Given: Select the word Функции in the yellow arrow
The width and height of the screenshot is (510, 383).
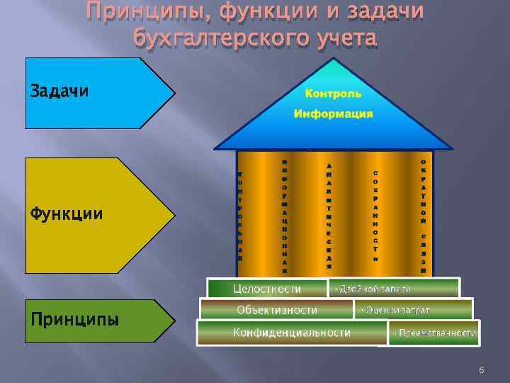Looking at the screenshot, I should point(66,213).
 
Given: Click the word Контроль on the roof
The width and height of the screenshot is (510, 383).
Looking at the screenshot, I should point(333,94).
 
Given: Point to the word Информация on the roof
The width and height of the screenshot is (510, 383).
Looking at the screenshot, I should point(333,114).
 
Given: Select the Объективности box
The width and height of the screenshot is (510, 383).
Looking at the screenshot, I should point(277,310).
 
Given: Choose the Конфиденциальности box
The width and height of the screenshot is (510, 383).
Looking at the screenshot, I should point(292,332).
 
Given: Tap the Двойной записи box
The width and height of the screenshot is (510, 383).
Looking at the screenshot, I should point(375,289).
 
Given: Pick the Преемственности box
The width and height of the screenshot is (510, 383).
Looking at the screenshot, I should point(434,333).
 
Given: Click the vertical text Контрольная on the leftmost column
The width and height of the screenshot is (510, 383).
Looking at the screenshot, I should point(241,216).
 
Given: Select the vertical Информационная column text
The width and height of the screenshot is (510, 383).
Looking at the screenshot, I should point(284,216).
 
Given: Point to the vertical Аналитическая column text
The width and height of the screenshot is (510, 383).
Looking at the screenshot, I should point(329,216).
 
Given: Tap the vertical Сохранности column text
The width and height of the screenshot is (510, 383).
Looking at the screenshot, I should point(375,216).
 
